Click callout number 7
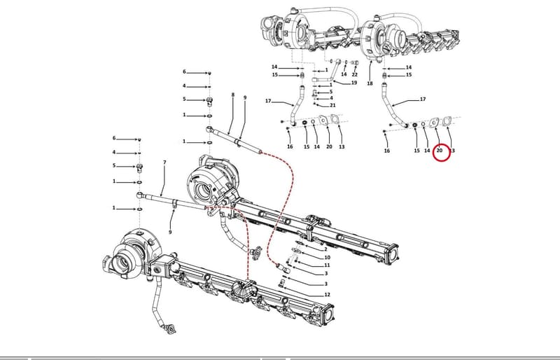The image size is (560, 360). pyautogui.click(x=164, y=162)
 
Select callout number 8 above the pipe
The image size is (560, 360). pyautogui.click(x=233, y=95)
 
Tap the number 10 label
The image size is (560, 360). pyautogui.click(x=327, y=258)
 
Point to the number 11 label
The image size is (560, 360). pyautogui.click(x=327, y=265)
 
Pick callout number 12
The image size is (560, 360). pyautogui.click(x=327, y=295)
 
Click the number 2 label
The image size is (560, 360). pyautogui.click(x=325, y=249)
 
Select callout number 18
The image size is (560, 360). pyautogui.click(x=370, y=83)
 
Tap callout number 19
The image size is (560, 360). pyautogui.click(x=354, y=83)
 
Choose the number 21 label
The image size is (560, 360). pyautogui.click(x=332, y=105)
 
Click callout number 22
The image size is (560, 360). pyautogui.click(x=354, y=75)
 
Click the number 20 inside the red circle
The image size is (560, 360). pyautogui.click(x=440, y=151)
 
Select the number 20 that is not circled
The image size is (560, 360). pyautogui.click(x=329, y=146)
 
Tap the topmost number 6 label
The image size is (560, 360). pyautogui.click(x=184, y=72)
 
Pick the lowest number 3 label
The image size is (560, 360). pyautogui.click(x=325, y=284)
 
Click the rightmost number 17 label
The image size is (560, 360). pyautogui.click(x=423, y=99)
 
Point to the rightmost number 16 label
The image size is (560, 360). pyautogui.click(x=387, y=151)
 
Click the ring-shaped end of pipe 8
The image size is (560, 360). pyautogui.click(x=209, y=129)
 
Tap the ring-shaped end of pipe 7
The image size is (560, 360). pyautogui.click(x=139, y=195)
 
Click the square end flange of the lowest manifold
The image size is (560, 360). pyautogui.click(x=328, y=313)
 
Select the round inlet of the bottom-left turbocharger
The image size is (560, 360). pyautogui.click(x=121, y=263)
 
